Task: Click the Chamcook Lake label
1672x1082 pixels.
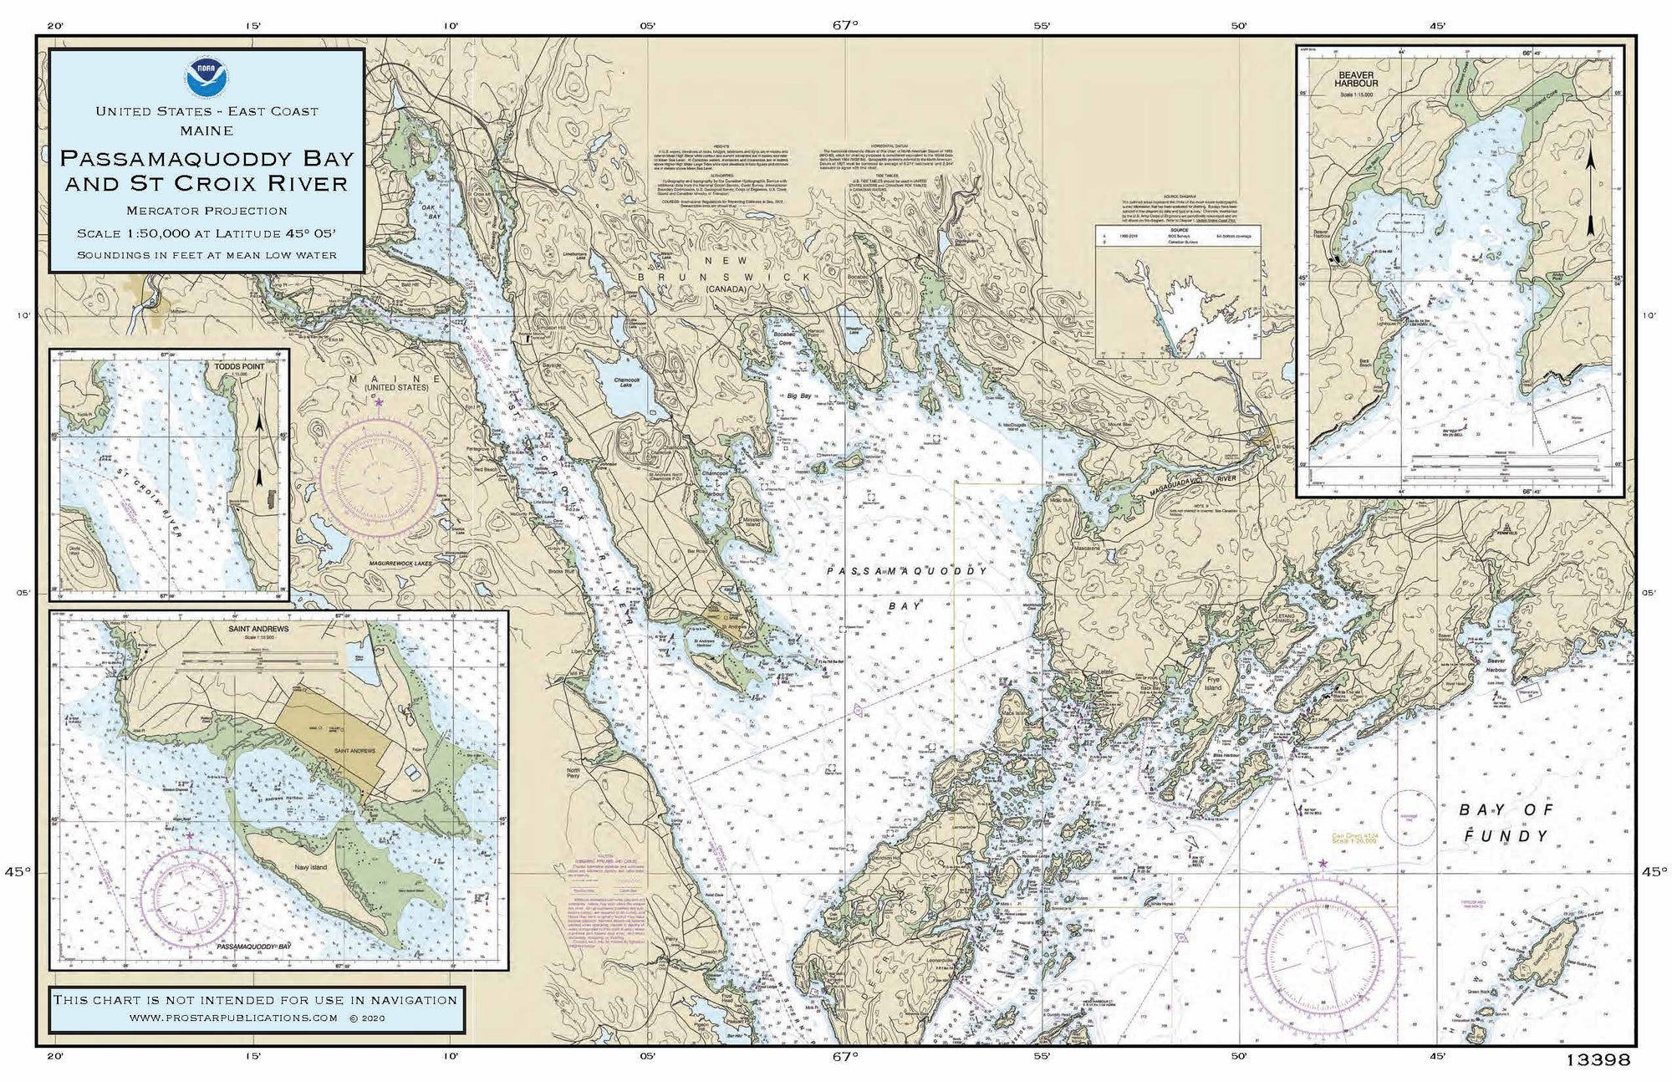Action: coord(627,382)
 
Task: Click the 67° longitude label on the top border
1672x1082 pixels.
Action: coord(844,25)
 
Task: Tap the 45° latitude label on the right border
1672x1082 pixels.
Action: coord(1652,872)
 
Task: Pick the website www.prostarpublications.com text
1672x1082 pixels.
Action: coord(234,1018)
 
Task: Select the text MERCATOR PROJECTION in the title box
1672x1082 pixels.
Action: coord(206,211)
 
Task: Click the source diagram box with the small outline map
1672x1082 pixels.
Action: coord(1177,291)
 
